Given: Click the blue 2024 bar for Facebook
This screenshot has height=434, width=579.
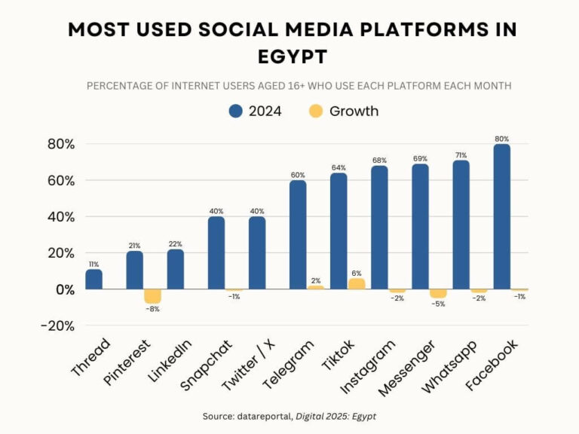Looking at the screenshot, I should tap(501, 217).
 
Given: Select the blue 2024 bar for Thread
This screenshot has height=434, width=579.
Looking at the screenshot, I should tap(93, 280).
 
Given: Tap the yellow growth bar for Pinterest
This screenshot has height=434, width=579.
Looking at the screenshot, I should tap(152, 296).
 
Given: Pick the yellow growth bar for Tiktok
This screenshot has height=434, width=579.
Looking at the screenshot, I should tap(356, 284).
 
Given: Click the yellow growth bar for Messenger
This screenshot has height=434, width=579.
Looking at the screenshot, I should tap(438, 293).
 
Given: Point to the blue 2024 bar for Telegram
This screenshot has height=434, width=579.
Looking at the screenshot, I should tap(298, 235).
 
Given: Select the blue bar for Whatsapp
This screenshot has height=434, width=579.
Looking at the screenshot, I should tap(461, 225).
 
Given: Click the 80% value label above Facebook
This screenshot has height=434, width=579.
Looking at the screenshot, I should tap(502, 139).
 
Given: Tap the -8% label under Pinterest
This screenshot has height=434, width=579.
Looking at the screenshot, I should tap(153, 310).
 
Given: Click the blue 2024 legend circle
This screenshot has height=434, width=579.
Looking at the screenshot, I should tap(235, 112).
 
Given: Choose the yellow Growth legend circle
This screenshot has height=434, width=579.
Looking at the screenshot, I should tap(316, 112).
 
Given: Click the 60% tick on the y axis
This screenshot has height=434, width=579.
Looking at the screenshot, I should tap(60, 181).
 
